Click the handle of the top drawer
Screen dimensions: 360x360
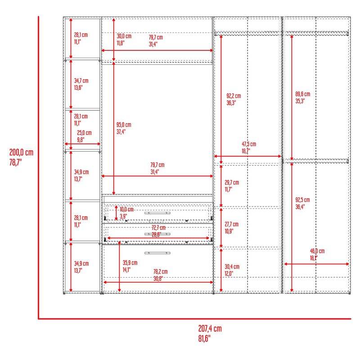(x=157, y=213)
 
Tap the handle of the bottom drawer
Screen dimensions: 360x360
(x=157, y=253)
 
